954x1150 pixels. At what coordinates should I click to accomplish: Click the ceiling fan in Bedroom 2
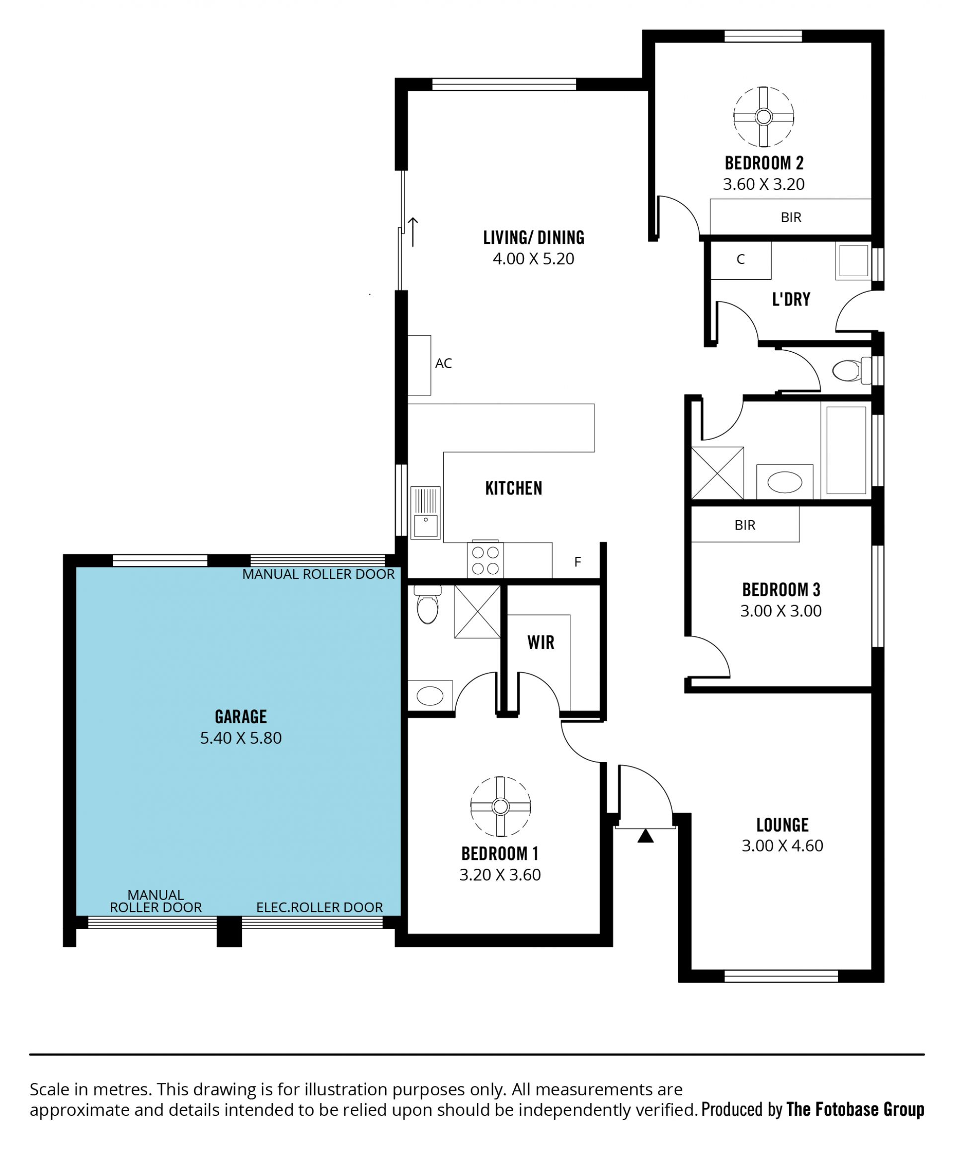763,117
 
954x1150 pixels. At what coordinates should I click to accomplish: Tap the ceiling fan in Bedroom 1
500,807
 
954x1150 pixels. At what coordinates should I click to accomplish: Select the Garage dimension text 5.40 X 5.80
240,738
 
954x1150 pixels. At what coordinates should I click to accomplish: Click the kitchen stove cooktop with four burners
485,560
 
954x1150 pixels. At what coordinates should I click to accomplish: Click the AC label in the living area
444,363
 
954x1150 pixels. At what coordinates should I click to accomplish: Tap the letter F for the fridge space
577,562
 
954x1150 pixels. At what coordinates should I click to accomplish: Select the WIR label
541,642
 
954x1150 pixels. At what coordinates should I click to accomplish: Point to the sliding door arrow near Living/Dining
413,231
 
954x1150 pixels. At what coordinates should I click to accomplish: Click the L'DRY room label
791,300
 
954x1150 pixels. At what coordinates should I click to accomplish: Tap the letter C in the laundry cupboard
740,259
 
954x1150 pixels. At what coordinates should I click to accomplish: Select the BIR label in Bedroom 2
791,218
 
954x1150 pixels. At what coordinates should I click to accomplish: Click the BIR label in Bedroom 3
745,525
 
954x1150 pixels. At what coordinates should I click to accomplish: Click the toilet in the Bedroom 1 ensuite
428,604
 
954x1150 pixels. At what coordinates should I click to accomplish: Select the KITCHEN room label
514,488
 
